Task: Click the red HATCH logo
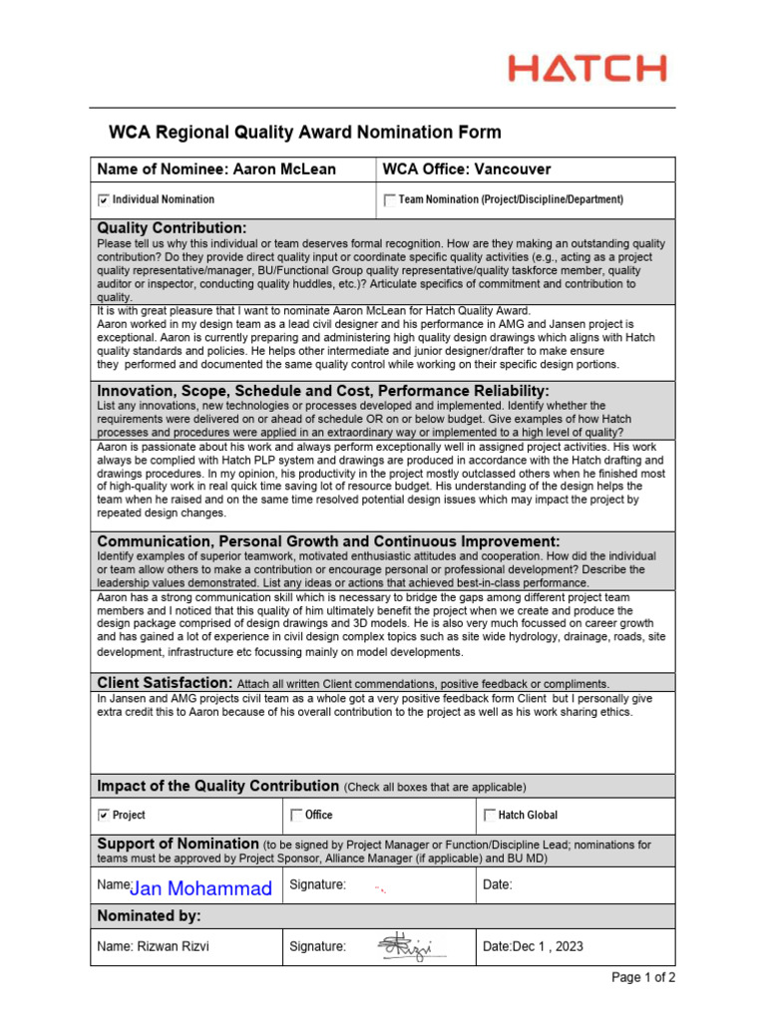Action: [586, 69]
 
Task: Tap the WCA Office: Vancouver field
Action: [467, 170]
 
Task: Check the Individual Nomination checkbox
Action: [104, 200]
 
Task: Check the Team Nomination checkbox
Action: [389, 200]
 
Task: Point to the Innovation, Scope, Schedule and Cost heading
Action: [322, 390]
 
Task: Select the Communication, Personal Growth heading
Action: [328, 540]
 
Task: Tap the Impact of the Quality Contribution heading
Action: [217, 786]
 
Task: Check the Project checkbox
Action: [104, 816]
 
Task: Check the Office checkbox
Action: [295, 816]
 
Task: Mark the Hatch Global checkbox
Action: [489, 816]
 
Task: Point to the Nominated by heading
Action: [149, 915]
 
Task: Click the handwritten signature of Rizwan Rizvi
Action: [405, 946]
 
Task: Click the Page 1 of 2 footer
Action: [643, 977]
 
